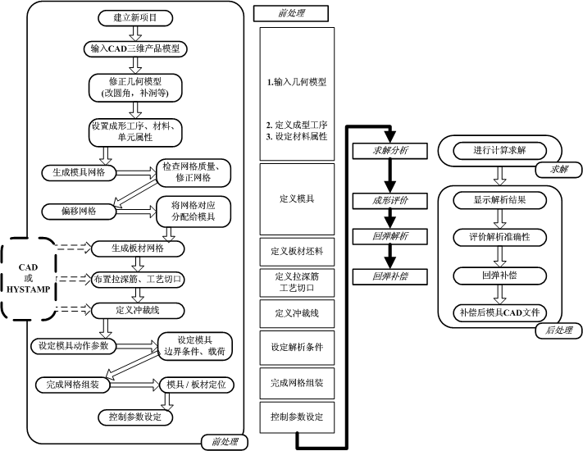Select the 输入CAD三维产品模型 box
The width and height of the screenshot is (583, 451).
pyautogui.click(x=136, y=48)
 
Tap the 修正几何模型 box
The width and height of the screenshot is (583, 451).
pyautogui.click(x=136, y=87)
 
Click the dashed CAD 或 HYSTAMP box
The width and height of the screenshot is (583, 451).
pyautogui.click(x=28, y=279)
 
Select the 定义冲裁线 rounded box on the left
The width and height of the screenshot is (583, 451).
pyautogui.click(x=136, y=310)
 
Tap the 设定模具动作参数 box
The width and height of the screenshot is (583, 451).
pyautogui.click(x=73, y=345)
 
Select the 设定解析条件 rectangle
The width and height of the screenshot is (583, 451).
pyautogui.click(x=296, y=348)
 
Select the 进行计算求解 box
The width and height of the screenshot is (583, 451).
pyautogui.click(x=499, y=150)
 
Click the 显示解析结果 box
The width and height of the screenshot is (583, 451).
pyautogui.click(x=499, y=199)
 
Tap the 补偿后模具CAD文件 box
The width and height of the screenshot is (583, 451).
pyautogui.click(x=499, y=312)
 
